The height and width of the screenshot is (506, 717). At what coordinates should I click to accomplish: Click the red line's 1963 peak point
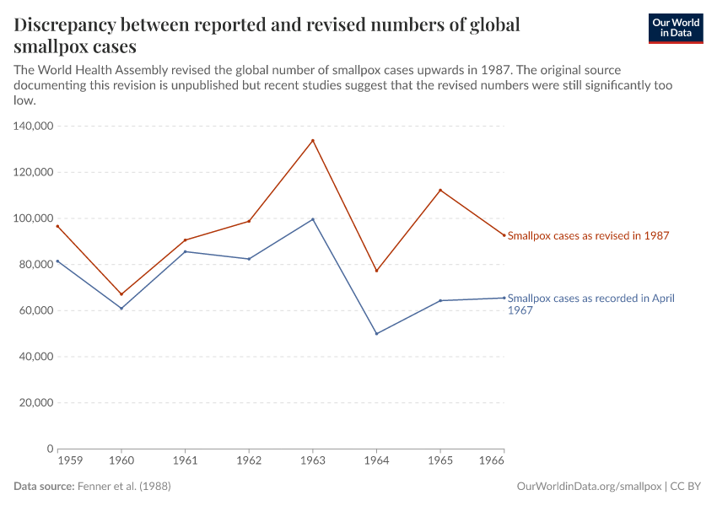(313, 141)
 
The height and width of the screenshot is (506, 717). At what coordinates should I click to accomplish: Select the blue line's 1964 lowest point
(376, 334)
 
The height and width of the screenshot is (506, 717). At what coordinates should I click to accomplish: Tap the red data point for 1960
(121, 294)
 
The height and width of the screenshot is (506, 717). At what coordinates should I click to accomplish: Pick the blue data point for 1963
(313, 219)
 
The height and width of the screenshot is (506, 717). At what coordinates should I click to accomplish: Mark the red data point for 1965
(440, 190)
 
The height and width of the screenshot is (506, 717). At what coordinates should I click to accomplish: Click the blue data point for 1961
(186, 251)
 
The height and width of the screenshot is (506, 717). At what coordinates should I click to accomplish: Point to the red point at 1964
(376, 271)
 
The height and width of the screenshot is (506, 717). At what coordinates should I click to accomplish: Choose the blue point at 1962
(249, 259)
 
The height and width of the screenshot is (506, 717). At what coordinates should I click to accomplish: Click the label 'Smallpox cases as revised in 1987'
(588, 236)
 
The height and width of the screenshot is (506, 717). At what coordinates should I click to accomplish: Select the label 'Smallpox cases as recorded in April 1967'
(590, 304)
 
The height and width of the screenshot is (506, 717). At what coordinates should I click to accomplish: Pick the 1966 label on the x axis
(492, 461)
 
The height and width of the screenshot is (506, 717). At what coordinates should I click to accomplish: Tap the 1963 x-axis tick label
(313, 461)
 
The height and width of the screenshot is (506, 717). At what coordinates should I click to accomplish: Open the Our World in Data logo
(675, 28)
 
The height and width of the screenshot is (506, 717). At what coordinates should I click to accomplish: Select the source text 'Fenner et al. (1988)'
(129, 487)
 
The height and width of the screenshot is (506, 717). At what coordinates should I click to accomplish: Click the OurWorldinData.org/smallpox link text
(588, 487)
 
